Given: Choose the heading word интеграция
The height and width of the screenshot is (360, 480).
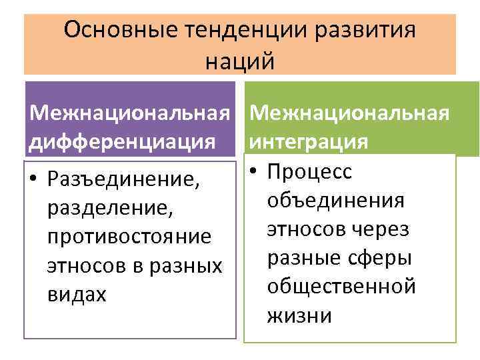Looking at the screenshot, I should [x=308, y=142].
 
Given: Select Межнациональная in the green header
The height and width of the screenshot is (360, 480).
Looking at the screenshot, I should [x=351, y=113].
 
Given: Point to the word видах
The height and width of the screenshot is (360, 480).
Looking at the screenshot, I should [x=76, y=294].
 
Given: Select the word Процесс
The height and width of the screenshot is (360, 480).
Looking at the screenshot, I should [x=309, y=172].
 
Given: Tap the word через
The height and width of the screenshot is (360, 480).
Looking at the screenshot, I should [x=386, y=229].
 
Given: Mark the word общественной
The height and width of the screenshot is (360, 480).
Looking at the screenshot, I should [x=341, y=286].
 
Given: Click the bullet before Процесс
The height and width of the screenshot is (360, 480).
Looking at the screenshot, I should [x=254, y=172].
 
